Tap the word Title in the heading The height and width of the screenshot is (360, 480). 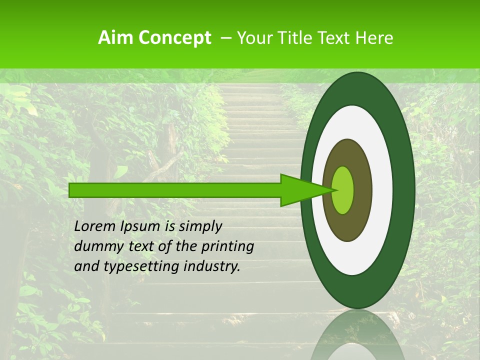coord(294,38)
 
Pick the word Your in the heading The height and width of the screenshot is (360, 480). coord(254,38)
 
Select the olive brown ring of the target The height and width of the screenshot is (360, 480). coord(363,190)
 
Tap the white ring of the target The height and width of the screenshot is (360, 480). coord(382,190)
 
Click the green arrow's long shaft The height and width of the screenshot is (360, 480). coord(175,190)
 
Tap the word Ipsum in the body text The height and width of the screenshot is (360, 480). coord(142,227)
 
